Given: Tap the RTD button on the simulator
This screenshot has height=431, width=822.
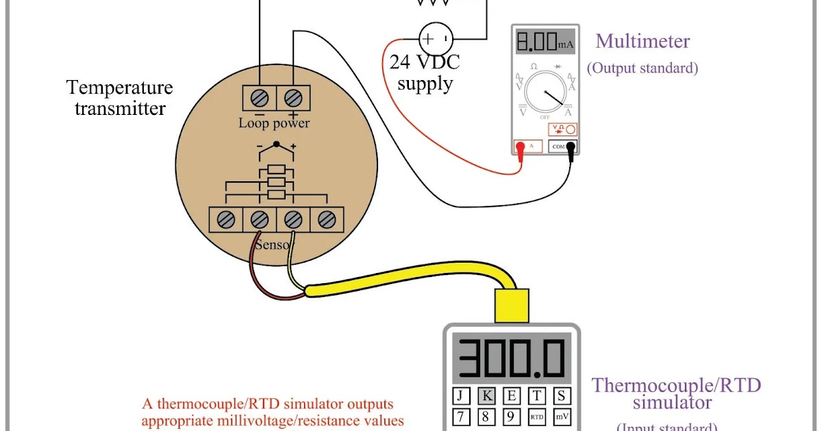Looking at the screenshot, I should [536, 416].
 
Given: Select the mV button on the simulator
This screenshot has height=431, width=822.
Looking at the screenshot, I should [561, 416].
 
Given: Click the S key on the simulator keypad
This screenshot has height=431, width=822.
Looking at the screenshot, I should [561, 395].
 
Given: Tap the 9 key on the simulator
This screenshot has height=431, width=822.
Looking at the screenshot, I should [511, 416].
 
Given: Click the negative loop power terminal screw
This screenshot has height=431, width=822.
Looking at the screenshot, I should [260, 96].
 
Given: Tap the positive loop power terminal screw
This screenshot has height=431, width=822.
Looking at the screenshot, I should [293, 96].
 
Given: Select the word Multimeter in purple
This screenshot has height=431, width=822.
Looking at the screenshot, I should [643, 41].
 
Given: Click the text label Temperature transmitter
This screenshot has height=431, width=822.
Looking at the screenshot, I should [120, 98].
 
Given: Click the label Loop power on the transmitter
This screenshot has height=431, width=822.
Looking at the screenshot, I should [274, 124].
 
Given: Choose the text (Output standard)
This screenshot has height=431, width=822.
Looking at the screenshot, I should [643, 68].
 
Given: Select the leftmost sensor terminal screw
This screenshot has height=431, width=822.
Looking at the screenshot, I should [226, 220].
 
